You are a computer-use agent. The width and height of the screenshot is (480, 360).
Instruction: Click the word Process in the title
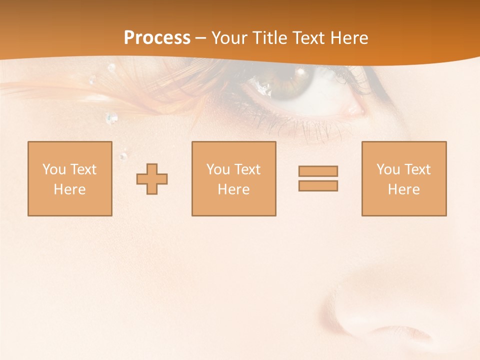pyautogui.click(x=157, y=38)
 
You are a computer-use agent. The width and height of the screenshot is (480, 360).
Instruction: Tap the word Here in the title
pyautogui.click(x=349, y=38)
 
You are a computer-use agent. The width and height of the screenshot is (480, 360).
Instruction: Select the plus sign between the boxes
pyautogui.click(x=152, y=179)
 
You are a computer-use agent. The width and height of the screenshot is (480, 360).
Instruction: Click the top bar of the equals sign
pyautogui.click(x=318, y=171)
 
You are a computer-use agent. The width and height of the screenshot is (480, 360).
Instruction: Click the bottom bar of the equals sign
pyautogui.click(x=318, y=185)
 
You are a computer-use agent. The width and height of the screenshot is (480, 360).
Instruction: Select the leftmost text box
pyautogui.click(x=69, y=178)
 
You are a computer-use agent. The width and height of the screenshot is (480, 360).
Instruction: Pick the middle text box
pyautogui.click(x=233, y=178)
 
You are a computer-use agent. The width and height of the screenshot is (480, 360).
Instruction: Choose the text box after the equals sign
pyautogui.click(x=403, y=178)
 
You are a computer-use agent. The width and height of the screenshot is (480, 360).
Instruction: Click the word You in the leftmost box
pyautogui.click(x=54, y=169)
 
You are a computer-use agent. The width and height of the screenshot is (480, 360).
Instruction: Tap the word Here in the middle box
pyautogui.click(x=233, y=189)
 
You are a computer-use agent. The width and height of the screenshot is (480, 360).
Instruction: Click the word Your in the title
pyautogui.click(x=228, y=38)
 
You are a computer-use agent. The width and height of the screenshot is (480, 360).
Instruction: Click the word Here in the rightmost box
pyautogui.click(x=403, y=189)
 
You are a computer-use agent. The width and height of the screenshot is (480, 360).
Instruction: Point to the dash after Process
pyautogui.click(x=201, y=38)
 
